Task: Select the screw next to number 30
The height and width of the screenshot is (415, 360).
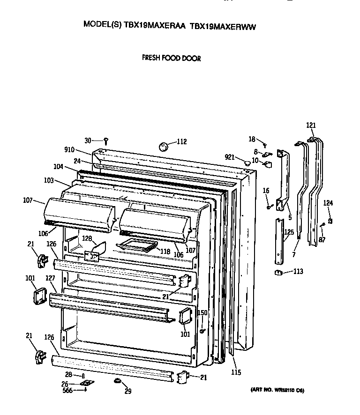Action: [x=106, y=141]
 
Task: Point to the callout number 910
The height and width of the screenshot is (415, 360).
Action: [x=70, y=150]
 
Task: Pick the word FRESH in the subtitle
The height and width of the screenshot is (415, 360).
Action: [x=150, y=59]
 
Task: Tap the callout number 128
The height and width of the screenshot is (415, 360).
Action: [x=87, y=238]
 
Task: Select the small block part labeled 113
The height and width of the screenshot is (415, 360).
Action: [x=277, y=273]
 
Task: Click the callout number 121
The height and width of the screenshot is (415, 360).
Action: [x=311, y=125]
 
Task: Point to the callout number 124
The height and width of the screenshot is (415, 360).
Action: [x=329, y=203]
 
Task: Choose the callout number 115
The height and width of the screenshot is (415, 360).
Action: [x=236, y=372]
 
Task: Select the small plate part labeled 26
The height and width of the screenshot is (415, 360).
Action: [x=85, y=383]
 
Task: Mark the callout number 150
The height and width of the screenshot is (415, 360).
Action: [x=202, y=313]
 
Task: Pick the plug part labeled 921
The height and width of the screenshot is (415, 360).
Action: [x=246, y=163]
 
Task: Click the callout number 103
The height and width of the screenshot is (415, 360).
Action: [x=48, y=180]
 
